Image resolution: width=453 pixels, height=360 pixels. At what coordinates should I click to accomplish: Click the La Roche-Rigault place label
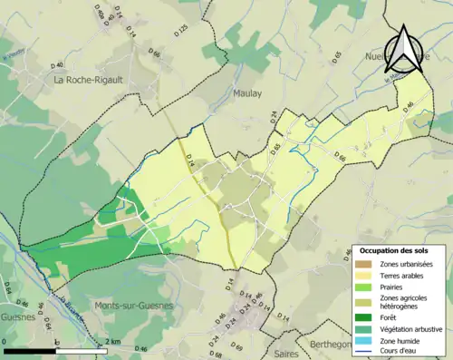pos(88,79)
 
